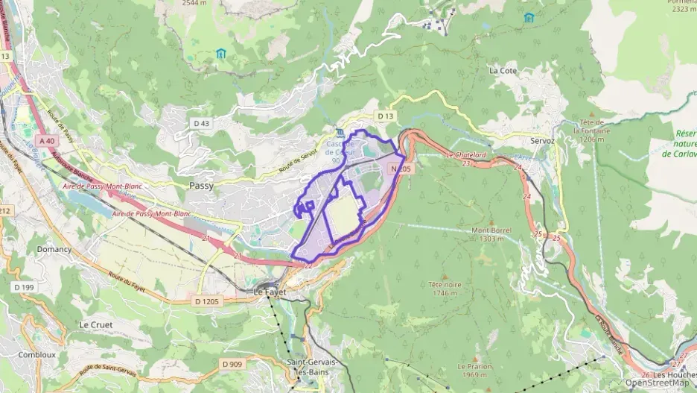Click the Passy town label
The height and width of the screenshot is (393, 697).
click(x=202, y=186)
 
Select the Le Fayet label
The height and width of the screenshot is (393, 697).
click(x=270, y=292)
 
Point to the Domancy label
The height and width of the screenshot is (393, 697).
click(x=54, y=249)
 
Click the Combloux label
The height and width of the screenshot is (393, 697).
click(x=37, y=355)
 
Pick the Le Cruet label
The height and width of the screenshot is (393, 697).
click(x=95, y=325)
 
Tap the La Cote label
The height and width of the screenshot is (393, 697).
click(x=503, y=70)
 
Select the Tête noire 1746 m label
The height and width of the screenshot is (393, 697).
click(x=447, y=289)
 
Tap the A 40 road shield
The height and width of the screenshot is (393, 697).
click(x=47, y=140)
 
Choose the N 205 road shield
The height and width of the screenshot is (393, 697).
click(x=401, y=169)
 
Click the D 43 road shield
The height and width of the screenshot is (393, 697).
click(x=200, y=123)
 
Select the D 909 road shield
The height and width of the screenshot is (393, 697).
click(x=232, y=364)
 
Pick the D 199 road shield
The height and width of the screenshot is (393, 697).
click(x=24, y=287)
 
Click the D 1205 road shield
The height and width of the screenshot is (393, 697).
click(x=209, y=301)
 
